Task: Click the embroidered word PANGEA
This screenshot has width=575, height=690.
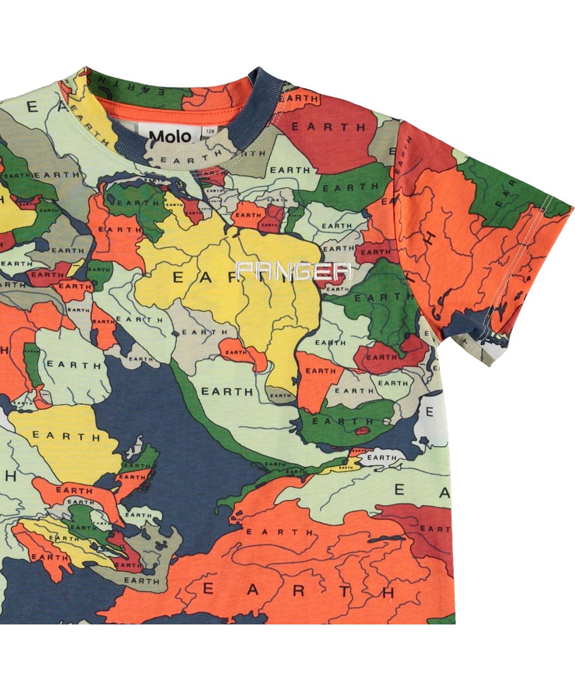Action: pyautogui.click(x=293, y=270)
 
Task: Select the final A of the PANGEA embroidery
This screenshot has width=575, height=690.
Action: pyautogui.click(x=342, y=270)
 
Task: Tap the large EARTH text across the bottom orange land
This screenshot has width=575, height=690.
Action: pyautogui.click(x=299, y=589)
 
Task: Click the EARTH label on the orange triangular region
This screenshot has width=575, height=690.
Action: pyautogui.click(x=320, y=371)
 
